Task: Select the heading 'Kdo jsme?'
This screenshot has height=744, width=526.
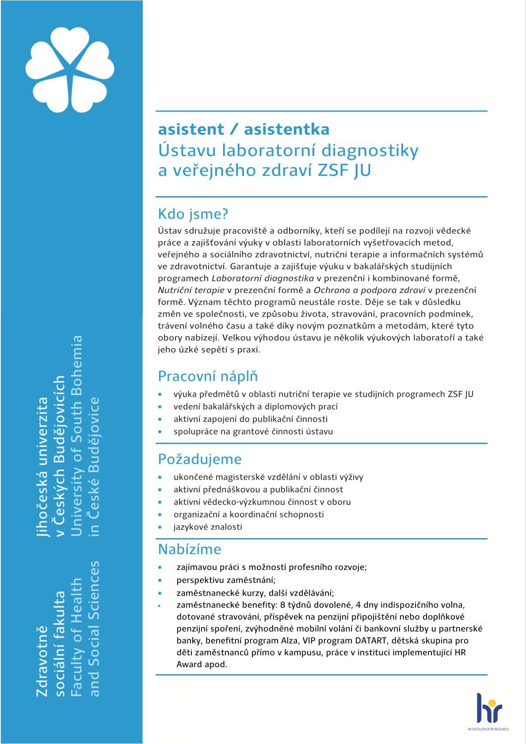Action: pos(193,214)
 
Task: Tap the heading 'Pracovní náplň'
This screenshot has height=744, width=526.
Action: pos(208,376)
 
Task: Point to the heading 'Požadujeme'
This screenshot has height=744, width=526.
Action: pos(200,459)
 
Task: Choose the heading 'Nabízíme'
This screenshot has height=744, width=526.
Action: pos(190,549)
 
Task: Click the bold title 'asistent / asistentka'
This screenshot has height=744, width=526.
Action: pos(244,129)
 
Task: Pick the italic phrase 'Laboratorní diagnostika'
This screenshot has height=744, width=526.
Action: pos(263,278)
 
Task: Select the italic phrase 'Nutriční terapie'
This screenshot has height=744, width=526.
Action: pos(191,290)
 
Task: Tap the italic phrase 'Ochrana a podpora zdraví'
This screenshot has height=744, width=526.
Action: pos(370,290)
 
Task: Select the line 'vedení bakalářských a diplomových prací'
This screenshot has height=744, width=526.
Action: pos(255,406)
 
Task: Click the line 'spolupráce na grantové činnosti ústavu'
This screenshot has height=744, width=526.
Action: pos(253,432)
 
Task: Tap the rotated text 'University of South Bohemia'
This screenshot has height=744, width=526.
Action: pos(76,435)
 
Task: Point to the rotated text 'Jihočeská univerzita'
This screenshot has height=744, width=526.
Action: pos(43,467)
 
